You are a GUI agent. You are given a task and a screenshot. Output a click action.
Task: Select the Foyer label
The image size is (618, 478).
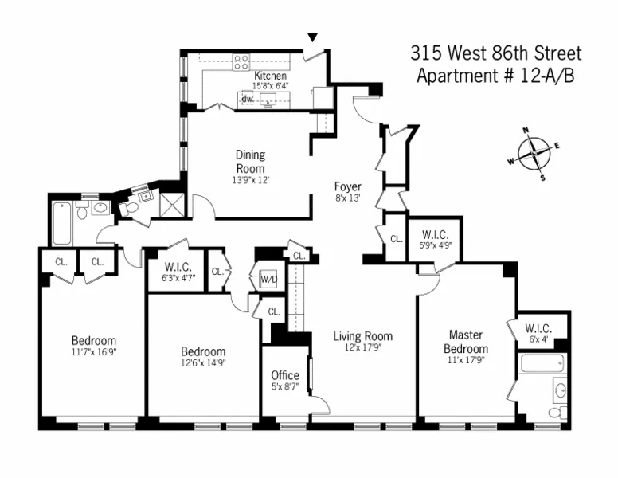347,186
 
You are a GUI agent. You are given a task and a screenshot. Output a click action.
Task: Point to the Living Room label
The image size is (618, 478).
362,336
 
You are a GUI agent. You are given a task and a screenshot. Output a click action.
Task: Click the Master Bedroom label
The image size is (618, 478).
466,342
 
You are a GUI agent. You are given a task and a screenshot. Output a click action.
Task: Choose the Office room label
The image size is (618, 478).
285,375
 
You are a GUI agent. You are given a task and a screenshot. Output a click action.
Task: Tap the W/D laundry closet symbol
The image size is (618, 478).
267,280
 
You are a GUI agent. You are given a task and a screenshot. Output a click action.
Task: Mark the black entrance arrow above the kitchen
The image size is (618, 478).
313,37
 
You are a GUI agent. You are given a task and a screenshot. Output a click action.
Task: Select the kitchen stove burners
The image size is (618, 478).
241,61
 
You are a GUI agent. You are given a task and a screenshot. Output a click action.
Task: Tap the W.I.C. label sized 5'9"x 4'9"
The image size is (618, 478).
435,234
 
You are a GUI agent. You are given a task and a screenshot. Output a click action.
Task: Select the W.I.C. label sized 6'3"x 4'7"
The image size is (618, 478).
175,266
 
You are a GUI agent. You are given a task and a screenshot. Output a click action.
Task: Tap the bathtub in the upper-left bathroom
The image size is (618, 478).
62,224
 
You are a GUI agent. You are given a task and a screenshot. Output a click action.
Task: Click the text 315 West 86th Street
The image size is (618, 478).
495,54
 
